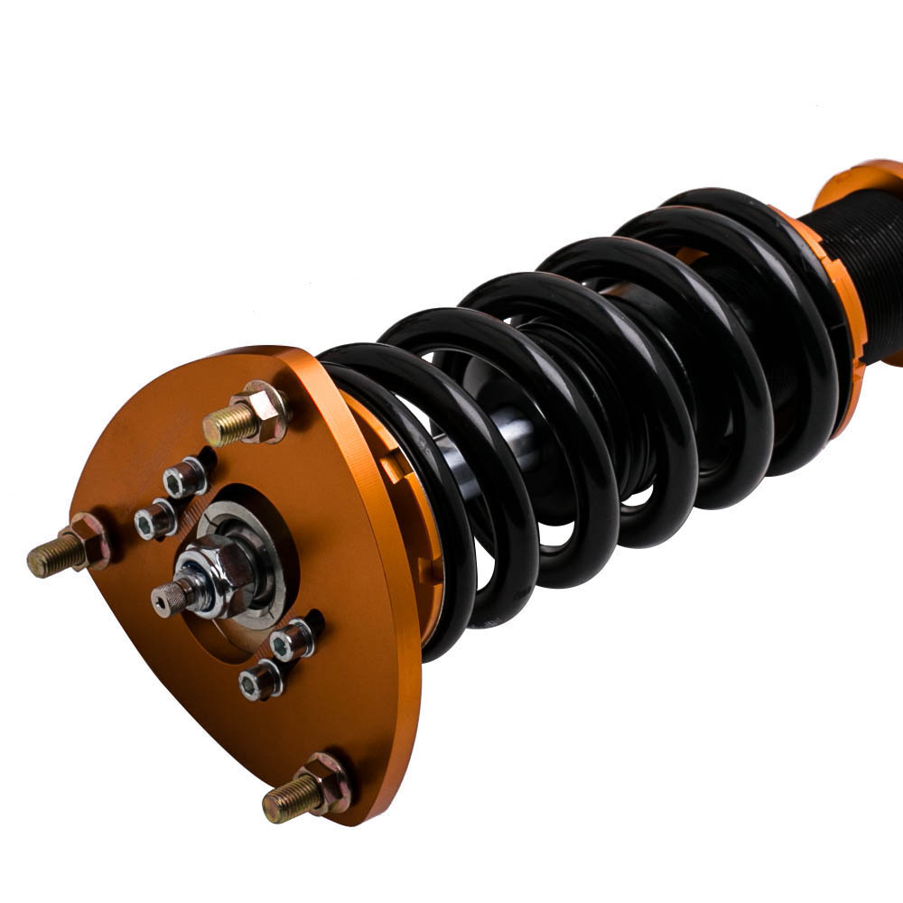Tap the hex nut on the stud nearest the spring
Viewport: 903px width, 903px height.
click(264, 412)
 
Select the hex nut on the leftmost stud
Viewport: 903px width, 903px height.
click(90, 541)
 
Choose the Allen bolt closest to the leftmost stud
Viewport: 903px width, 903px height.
click(154, 519)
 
